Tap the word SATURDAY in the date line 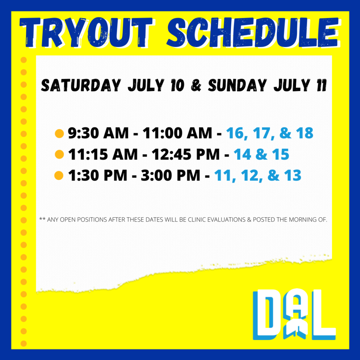(81, 85)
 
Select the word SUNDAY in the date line (237, 85)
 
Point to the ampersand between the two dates (196, 85)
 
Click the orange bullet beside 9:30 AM (59, 134)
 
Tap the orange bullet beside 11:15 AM (59, 155)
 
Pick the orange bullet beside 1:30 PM (59, 176)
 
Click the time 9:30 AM (98, 133)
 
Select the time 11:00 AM (177, 133)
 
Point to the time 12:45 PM (186, 154)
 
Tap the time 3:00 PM (171, 175)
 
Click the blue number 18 (305, 133)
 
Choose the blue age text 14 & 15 (261, 154)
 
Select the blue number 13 (292, 175)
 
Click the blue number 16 (235, 133)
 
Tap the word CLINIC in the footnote (197, 220)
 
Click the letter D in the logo (266, 315)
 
